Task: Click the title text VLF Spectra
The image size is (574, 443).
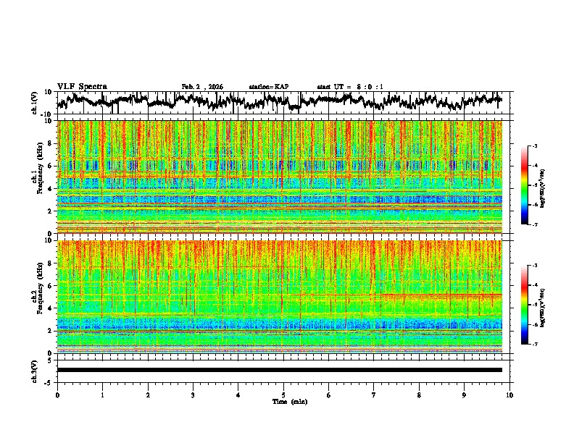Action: coord(82,86)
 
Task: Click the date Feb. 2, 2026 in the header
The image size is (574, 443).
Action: coord(202,87)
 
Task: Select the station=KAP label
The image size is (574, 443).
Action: coord(269,87)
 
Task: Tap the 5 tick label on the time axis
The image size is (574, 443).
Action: coord(283,395)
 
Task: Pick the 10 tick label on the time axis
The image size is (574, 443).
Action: coord(509,395)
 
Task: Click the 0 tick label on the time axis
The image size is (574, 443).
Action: coord(57,395)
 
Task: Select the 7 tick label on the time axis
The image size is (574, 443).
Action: coord(374,395)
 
